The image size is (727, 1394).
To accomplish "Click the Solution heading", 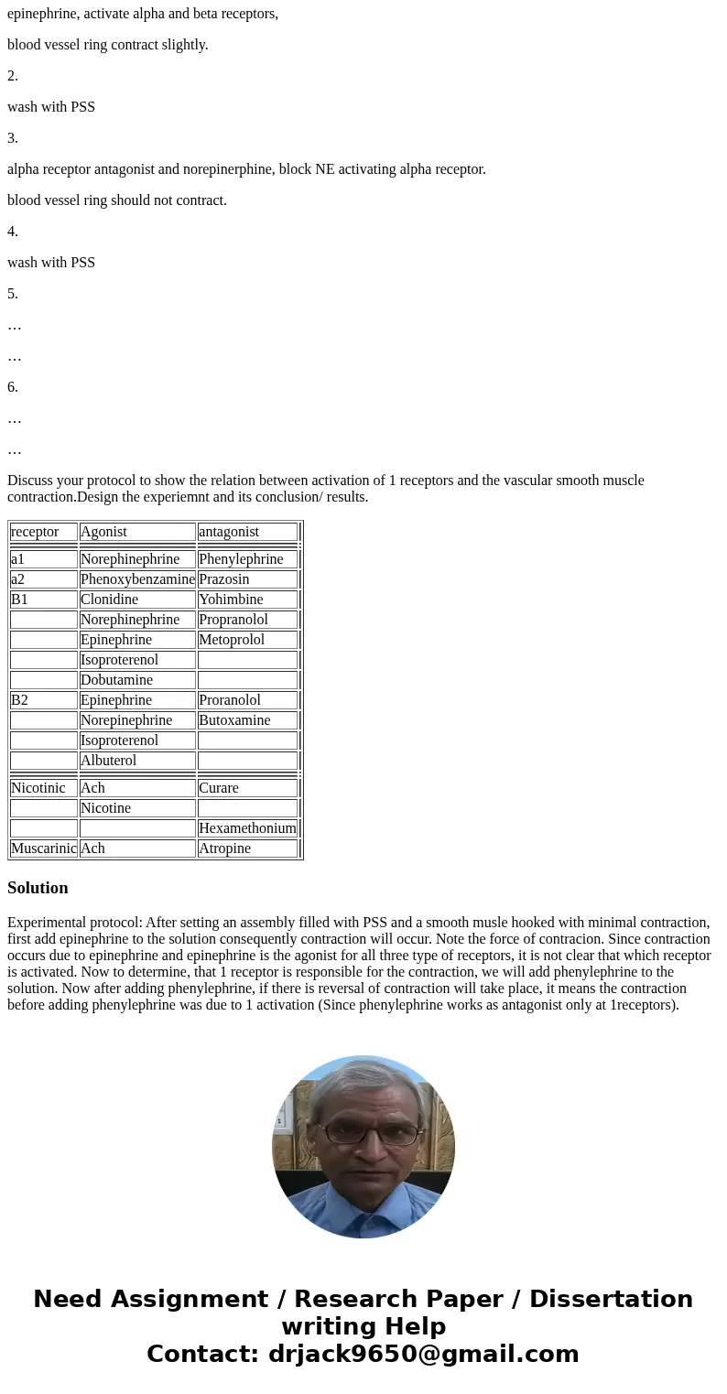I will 38,888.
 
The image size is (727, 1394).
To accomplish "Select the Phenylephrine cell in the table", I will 241,559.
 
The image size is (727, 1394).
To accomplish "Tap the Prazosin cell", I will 224,579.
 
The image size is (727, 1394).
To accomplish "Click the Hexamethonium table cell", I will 247,828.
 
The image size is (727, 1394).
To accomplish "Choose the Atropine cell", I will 225,848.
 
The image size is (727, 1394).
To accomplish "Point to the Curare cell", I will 219,788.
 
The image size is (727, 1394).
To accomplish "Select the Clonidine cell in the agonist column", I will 110,600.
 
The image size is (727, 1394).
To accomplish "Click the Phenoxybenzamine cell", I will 137,579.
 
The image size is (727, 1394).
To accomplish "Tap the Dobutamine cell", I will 117,680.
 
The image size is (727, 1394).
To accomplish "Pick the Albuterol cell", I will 109,761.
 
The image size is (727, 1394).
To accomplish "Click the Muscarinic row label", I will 43,848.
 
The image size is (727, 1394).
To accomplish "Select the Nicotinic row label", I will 38,788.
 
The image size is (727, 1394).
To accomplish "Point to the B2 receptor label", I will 20,700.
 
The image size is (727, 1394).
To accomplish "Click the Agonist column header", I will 103,532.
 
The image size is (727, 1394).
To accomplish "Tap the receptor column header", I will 35,532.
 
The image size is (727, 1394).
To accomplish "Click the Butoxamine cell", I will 234,720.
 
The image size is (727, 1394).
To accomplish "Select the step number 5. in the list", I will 13,294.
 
